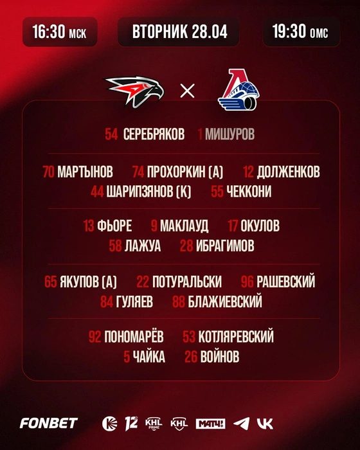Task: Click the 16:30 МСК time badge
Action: pos(60,32)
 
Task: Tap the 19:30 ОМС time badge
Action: pos(301,32)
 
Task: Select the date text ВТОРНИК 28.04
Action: pos(180,32)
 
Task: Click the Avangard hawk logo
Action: pos(134,91)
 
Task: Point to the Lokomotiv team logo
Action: pos(239,90)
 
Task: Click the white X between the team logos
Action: pos(187,91)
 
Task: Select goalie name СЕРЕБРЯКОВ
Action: pos(154,134)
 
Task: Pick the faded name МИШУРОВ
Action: pos(230,134)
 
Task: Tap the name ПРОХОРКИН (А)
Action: pos(185,172)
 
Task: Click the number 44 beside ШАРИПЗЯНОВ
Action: pos(97,192)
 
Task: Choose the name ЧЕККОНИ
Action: pos(249,192)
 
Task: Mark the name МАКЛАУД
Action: pos(184,226)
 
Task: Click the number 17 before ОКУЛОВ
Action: pos(233,226)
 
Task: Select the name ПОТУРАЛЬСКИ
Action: pos(187,282)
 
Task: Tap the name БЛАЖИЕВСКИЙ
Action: pos(225,301)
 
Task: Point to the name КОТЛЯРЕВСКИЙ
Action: pos(236,337)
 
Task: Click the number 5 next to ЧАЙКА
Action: pos(127,357)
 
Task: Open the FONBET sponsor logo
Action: pos(49,423)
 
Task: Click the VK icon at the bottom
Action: pos(265,424)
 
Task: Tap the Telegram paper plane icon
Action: pos(242,424)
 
